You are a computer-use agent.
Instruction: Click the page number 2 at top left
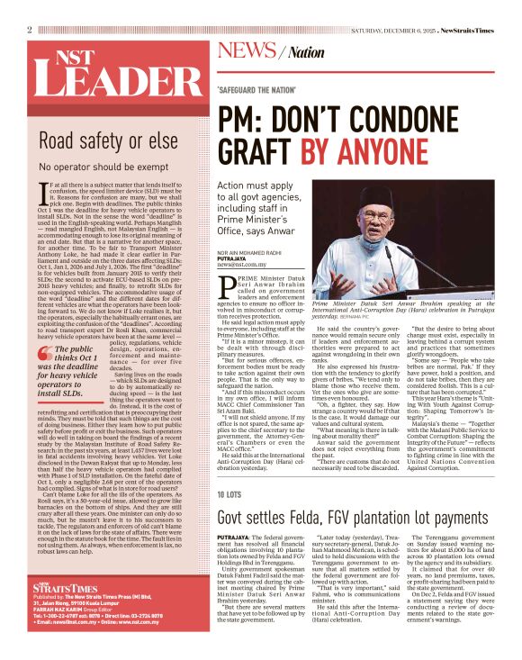click(x=30, y=30)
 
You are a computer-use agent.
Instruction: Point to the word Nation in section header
click(x=307, y=52)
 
